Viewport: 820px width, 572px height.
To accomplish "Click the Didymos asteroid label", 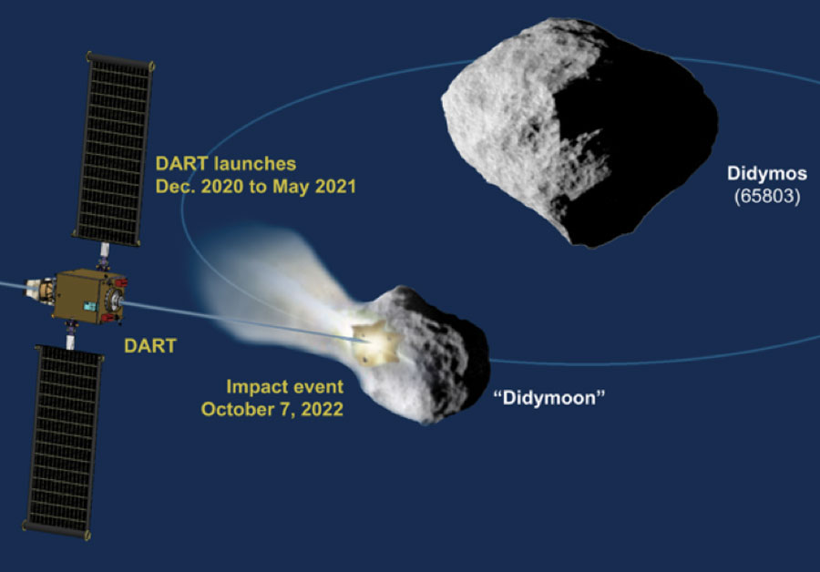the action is [766, 174].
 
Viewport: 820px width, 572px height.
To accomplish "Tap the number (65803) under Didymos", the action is [767, 197].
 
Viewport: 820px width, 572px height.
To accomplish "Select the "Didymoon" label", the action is [549, 398].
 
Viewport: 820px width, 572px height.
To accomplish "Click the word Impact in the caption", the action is [249, 387].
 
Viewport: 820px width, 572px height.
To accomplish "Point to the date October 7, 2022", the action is [272, 409].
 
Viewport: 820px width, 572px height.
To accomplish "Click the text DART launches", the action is [226, 164].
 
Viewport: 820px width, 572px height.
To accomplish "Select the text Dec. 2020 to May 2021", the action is [256, 187].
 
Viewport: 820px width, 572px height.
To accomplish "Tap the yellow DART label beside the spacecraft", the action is [150, 345].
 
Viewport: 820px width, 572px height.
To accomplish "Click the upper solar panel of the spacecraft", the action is [114, 149].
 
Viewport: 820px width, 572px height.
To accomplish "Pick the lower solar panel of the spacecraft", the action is [63, 443].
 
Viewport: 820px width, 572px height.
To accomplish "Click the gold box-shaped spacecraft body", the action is [87, 295].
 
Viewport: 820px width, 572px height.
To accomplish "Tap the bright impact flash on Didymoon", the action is [375, 343].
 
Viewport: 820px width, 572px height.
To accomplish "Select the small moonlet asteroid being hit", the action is [424, 355].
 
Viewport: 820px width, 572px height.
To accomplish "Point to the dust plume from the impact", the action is [272, 292].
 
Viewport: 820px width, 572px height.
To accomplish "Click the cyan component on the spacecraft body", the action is [90, 306].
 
